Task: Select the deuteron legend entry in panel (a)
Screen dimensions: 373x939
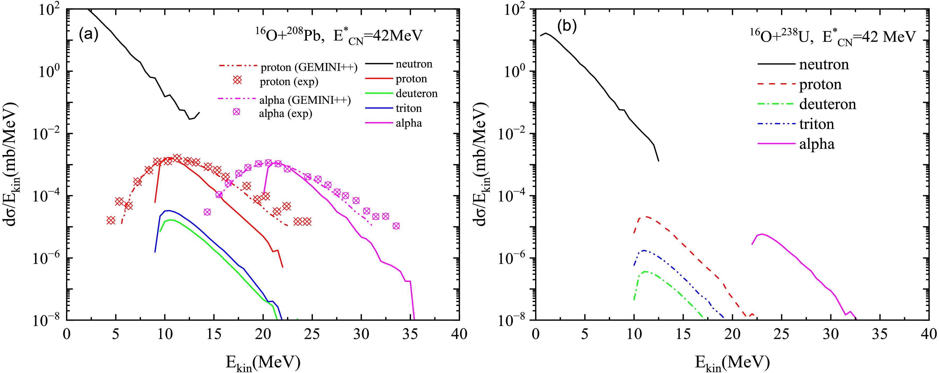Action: (416, 94)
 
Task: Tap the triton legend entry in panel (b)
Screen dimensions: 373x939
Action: (817, 124)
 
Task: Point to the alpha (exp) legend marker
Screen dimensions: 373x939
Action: (237, 112)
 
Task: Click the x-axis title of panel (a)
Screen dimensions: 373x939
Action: (263, 362)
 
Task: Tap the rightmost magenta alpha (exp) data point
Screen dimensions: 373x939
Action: (396, 226)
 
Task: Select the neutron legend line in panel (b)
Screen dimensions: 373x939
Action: (777, 64)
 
